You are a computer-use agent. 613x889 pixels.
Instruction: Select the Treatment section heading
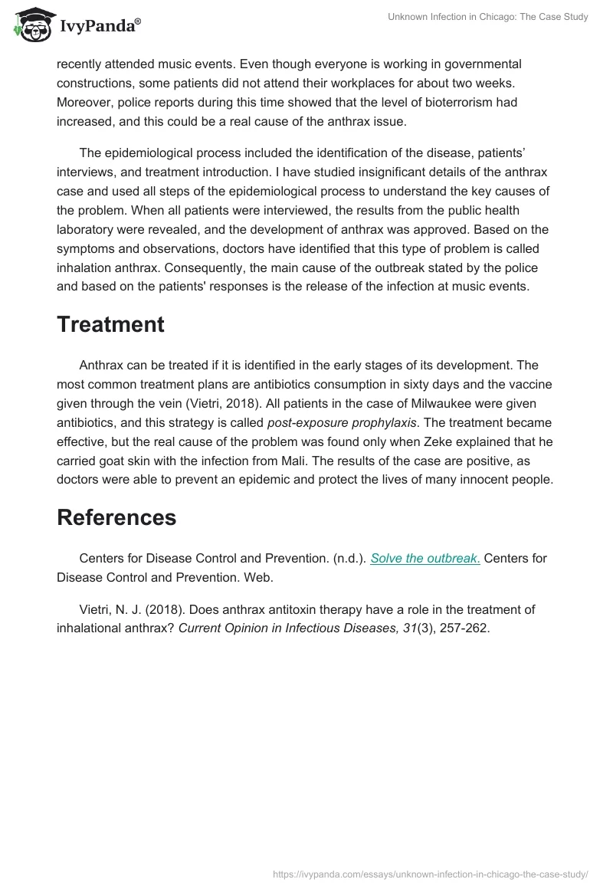pyautogui.click(x=110, y=324)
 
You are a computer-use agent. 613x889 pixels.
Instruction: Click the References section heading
pyautogui.click(x=116, y=517)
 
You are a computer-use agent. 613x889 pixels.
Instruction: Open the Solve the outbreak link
pyautogui.click(x=425, y=558)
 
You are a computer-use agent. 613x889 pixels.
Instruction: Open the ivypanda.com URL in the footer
pyautogui.click(x=430, y=873)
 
